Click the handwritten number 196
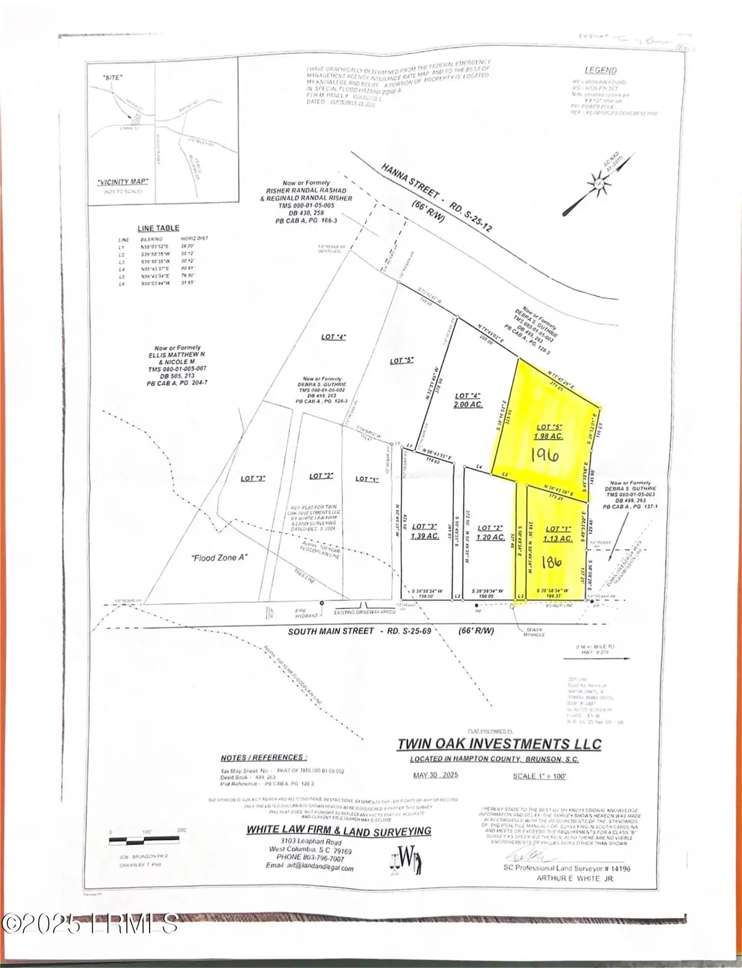point(545,455)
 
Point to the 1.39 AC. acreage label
point(424,536)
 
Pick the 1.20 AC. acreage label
point(489,537)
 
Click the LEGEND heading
point(600,71)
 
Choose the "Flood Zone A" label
point(217,558)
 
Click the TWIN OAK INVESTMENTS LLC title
point(499,743)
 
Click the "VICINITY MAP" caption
point(126,182)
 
